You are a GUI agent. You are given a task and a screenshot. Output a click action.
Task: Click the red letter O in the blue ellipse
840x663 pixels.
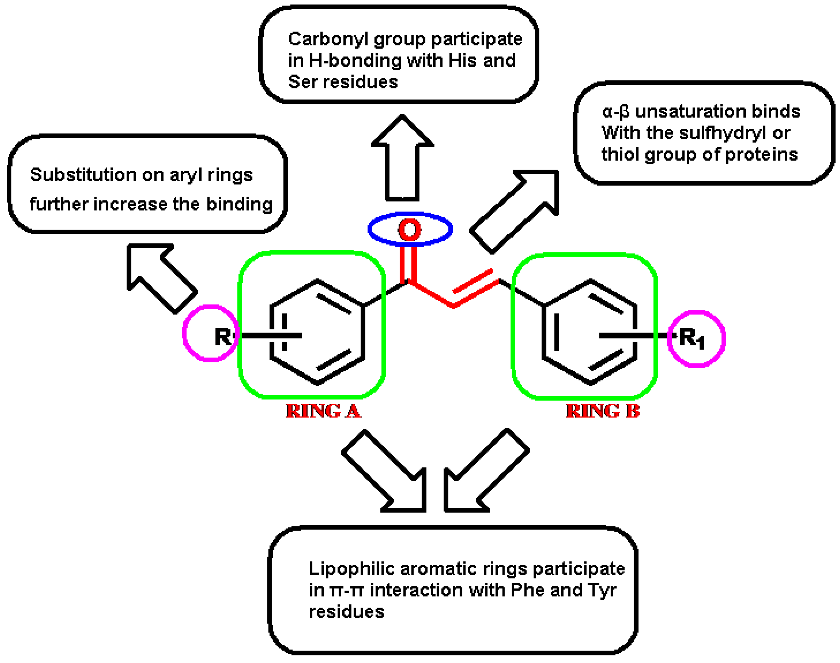pos(410,229)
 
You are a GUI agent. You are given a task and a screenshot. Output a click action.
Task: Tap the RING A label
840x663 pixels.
pos(323,411)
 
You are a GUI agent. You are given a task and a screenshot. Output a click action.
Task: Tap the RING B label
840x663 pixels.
pos(603,411)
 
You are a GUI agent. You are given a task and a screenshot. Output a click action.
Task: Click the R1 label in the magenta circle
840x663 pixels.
pos(692,339)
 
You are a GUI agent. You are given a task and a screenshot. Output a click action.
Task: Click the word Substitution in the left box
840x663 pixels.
pos(83,175)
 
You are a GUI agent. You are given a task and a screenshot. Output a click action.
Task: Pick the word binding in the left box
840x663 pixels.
pos(239,204)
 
